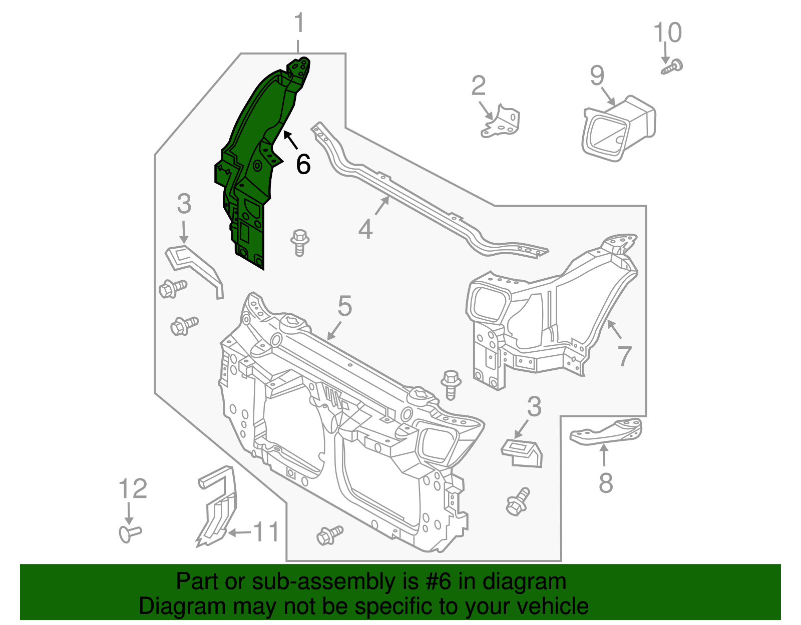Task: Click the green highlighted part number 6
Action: click(x=250, y=165)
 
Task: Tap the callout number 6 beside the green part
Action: click(x=303, y=164)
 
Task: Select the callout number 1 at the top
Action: click(x=299, y=24)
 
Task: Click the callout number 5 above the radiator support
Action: click(x=345, y=306)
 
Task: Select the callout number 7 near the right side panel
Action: click(x=624, y=356)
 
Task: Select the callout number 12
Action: click(x=133, y=489)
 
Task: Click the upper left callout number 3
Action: click(x=184, y=204)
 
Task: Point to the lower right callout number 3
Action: click(x=534, y=407)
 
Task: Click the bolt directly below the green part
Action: click(x=299, y=242)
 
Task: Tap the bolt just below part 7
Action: click(x=451, y=384)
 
